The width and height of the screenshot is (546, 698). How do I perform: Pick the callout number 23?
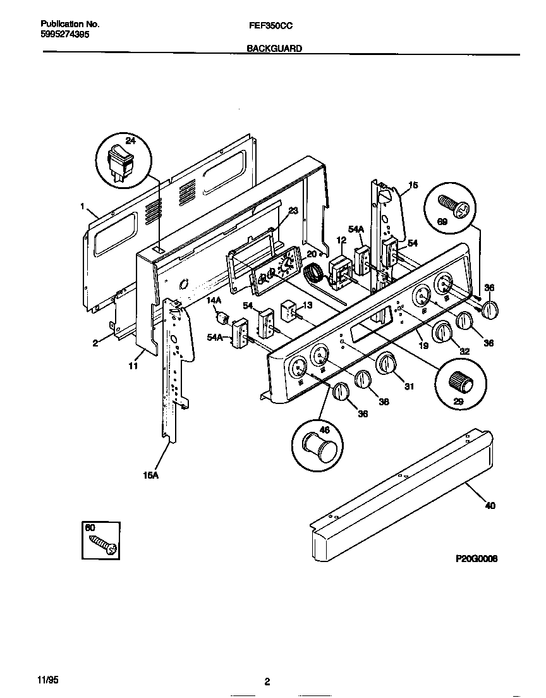pyautogui.click(x=292, y=212)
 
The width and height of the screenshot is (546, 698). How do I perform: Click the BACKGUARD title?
pyautogui.click(x=274, y=48)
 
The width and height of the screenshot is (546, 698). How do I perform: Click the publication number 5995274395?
pyautogui.click(x=59, y=35)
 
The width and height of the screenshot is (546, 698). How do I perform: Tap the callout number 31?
pyautogui.click(x=409, y=386)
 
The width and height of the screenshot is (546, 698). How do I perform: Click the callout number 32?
pyautogui.click(x=464, y=352)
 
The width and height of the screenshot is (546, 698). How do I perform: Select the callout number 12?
pyautogui.click(x=341, y=240)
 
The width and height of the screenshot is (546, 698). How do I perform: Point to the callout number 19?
pyautogui.click(x=423, y=346)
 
